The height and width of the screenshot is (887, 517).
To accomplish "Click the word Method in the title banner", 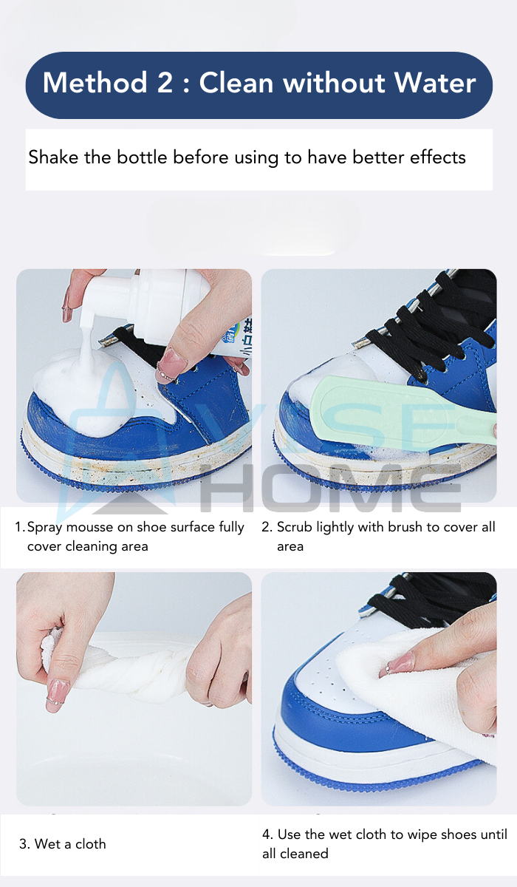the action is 95,83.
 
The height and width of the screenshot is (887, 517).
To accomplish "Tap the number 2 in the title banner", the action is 165,83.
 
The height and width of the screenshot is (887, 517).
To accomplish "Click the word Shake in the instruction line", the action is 53,157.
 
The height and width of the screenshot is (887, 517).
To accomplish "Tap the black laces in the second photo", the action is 435,329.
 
